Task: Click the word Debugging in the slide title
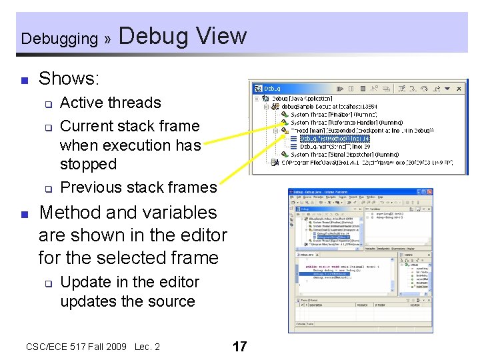point(59,39)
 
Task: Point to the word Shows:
point(69,79)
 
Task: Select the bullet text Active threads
point(110,103)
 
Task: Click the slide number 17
point(239,347)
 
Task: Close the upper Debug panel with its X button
point(459,88)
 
